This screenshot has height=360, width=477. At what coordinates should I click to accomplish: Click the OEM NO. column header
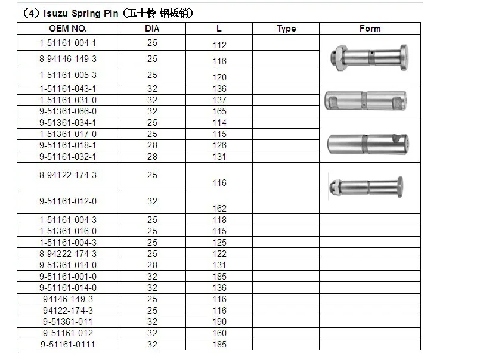point(68,29)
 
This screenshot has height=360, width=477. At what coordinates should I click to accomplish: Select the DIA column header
point(152,29)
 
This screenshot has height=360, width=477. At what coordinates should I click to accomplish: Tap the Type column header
point(286,29)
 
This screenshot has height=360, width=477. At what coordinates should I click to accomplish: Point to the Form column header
point(370,29)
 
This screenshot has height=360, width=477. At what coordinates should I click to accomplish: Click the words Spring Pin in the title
point(95,13)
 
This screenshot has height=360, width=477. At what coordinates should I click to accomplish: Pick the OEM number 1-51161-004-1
point(68,43)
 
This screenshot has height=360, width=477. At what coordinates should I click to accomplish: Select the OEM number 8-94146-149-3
point(68,58)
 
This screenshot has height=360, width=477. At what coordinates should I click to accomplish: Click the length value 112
point(219,45)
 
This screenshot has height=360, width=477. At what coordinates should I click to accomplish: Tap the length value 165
point(219,111)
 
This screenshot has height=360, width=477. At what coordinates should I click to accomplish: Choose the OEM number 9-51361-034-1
point(68,123)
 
